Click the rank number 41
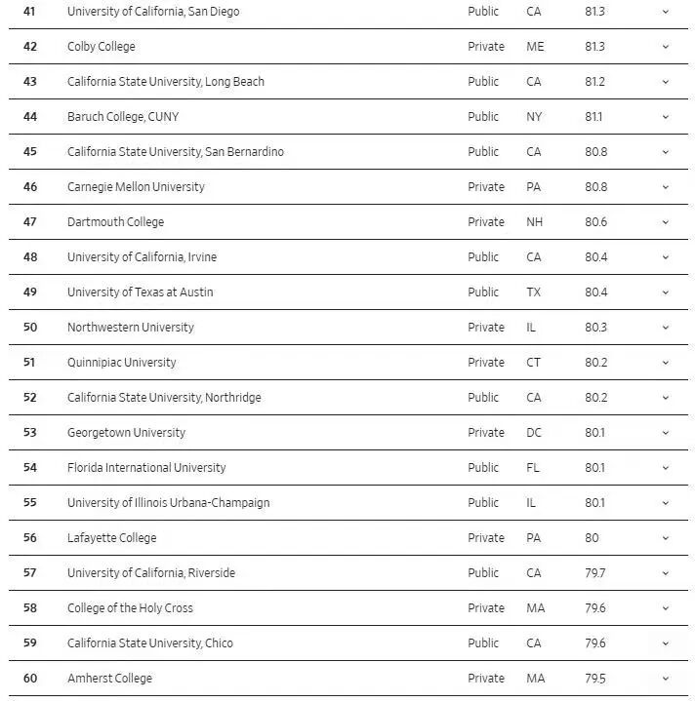(x=29, y=12)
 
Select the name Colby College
(x=101, y=47)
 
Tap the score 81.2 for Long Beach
(x=594, y=82)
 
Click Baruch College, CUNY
(x=122, y=117)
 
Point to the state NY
(x=533, y=117)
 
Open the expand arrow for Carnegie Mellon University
(x=666, y=187)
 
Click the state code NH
(x=534, y=222)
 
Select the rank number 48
(x=29, y=257)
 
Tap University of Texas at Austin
(x=140, y=292)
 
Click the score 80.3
(x=595, y=328)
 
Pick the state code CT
(x=533, y=363)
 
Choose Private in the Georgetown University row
(x=486, y=433)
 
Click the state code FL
(x=532, y=468)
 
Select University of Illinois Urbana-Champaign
(x=168, y=503)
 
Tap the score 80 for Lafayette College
(x=592, y=538)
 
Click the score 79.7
(x=594, y=573)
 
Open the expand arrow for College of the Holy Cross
(x=666, y=608)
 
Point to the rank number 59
(x=29, y=643)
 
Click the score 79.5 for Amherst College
(x=594, y=679)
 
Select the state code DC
(x=534, y=433)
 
